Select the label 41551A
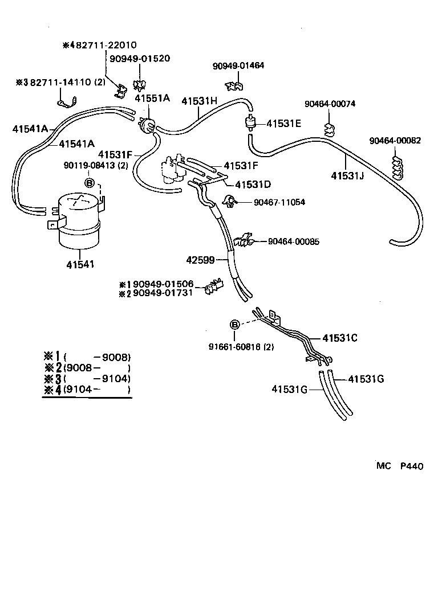(x=152, y=98)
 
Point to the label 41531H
(x=200, y=101)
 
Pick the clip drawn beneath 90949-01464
(x=234, y=85)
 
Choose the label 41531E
(x=283, y=122)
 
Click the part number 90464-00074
(x=330, y=104)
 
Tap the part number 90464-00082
(x=395, y=141)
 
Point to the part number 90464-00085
(x=294, y=242)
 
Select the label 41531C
(x=340, y=338)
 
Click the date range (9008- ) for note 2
(x=98, y=368)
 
